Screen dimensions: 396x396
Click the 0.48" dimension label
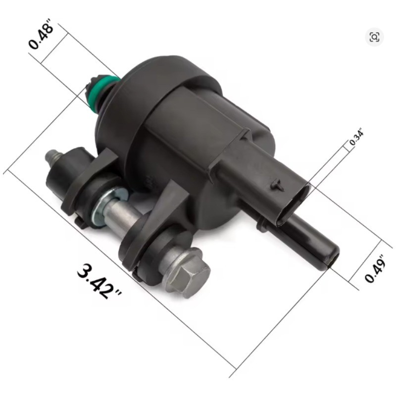point(41,34)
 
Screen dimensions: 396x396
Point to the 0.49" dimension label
point(375,268)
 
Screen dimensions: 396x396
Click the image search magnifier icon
point(374,37)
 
